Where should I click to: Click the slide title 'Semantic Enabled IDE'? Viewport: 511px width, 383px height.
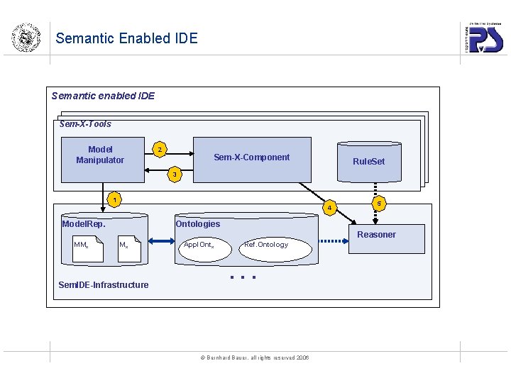126,38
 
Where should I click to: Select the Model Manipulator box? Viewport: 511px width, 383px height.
100,155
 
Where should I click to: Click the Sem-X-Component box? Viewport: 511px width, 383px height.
252,158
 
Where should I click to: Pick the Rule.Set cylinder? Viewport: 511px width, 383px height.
368,161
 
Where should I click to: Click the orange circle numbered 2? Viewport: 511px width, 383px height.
160,150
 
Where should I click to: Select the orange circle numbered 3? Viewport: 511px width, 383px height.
176,174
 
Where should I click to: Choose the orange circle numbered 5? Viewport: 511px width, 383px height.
379,204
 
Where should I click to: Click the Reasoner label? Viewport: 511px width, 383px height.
376,235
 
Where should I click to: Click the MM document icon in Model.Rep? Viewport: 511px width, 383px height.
87,248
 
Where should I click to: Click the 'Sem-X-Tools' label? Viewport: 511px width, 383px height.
85,124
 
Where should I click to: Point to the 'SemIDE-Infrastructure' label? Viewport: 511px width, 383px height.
103,285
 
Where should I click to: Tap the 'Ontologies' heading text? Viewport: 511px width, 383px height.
197,224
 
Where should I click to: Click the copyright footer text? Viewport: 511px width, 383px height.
256,357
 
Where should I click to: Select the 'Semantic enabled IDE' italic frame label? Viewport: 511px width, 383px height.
103,96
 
